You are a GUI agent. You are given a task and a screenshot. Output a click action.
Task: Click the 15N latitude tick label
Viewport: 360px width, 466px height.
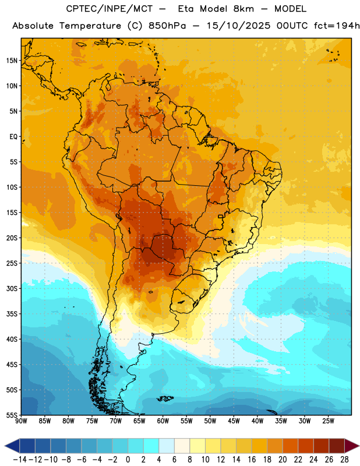click(12, 61)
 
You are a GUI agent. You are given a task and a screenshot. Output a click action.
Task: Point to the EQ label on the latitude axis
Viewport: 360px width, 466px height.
click(13, 137)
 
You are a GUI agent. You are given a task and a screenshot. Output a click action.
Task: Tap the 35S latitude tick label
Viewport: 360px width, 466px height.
click(12, 314)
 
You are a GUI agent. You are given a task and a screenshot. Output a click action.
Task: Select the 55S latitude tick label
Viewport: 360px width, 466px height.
click(12, 415)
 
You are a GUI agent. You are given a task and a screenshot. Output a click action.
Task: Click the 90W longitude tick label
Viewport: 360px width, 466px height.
click(21, 421)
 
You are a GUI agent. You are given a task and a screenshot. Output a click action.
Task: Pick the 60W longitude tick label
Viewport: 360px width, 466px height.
click(163, 421)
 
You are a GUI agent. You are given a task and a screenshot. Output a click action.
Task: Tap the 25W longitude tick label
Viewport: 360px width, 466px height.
click(328, 421)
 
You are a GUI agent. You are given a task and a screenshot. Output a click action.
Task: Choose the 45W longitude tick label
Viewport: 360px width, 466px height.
click(234, 421)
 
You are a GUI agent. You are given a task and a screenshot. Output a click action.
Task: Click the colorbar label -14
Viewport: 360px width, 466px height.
click(20, 460)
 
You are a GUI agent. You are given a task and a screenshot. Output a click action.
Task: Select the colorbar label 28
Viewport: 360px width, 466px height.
click(344, 460)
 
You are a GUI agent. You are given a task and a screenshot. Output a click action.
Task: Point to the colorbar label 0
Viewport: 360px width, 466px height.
click(128, 460)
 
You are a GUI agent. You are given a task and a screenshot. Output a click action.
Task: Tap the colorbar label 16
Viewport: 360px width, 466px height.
click(252, 460)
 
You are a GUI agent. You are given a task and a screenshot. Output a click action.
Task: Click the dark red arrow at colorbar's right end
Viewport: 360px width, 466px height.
click(351, 446)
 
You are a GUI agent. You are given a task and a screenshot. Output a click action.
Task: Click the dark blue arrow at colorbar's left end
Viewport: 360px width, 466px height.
click(12, 446)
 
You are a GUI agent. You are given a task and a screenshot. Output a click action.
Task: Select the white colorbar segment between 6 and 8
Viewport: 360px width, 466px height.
click(182, 446)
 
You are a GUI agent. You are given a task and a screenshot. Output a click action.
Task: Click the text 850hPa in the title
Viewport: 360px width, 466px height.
click(167, 26)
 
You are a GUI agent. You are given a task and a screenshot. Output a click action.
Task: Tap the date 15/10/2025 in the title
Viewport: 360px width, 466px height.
click(238, 26)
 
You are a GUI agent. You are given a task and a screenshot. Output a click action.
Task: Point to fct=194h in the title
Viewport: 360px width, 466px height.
click(337, 26)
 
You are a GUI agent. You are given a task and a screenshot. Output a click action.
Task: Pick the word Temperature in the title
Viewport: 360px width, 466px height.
click(90, 26)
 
